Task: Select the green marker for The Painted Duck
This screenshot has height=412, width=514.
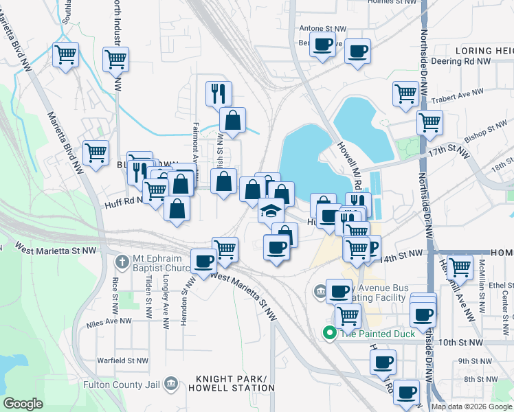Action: click(329, 333)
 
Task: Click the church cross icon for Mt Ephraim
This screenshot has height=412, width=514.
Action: click(122, 262)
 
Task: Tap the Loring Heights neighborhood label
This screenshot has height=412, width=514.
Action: click(484, 51)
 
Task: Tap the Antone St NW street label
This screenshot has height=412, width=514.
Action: click(315, 28)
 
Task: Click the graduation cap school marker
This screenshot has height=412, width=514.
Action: click(271, 210)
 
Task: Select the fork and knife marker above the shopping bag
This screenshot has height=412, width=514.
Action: click(219, 93)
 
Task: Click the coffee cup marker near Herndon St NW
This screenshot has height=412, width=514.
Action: click(204, 261)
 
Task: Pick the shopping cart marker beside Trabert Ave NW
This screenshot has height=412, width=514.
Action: click(405, 93)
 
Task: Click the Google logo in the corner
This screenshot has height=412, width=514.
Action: click(23, 404)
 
